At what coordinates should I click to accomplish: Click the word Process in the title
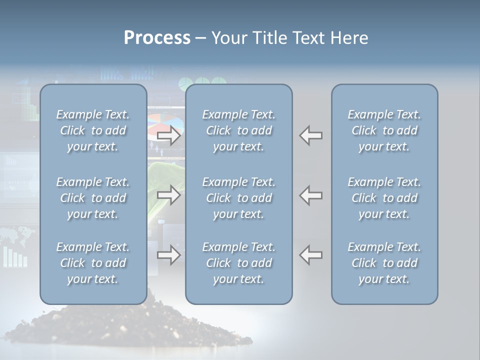pos(157,38)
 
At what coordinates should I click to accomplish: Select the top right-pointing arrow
pos(168,135)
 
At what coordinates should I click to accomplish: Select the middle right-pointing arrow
pos(168,195)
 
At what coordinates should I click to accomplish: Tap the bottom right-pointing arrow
pos(168,255)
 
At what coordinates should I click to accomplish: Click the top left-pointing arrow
pos(311,135)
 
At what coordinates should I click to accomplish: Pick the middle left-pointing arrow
pos(311,195)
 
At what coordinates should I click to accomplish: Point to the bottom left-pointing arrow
pos(311,255)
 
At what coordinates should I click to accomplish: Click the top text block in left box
pos(93,130)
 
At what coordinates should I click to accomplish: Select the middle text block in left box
pos(93,198)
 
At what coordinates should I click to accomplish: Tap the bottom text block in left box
pos(93,263)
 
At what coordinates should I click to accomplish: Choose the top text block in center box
pos(238,130)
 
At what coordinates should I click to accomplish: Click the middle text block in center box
pos(238,198)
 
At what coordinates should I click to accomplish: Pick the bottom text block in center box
pos(238,263)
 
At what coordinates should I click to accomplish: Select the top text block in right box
pos(384,130)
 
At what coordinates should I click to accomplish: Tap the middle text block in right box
pos(384,198)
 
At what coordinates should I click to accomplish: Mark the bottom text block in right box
pos(384,263)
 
